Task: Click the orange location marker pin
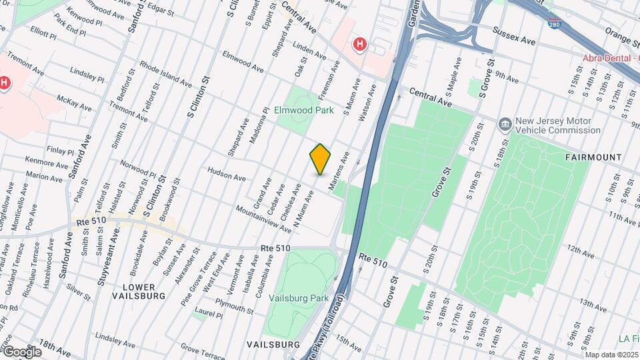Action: click(x=321, y=159)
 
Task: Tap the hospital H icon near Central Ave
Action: click(x=360, y=44)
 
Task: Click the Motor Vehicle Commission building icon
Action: click(x=505, y=124)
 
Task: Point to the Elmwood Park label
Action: click(x=304, y=111)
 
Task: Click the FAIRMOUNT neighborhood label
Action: click(x=593, y=157)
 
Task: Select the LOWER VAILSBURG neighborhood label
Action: click(x=139, y=290)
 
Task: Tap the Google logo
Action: click(x=22, y=352)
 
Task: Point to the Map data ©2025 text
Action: click(x=612, y=355)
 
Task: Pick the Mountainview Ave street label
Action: click(x=263, y=219)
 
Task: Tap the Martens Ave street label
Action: click(x=339, y=169)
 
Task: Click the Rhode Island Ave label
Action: click(x=165, y=74)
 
